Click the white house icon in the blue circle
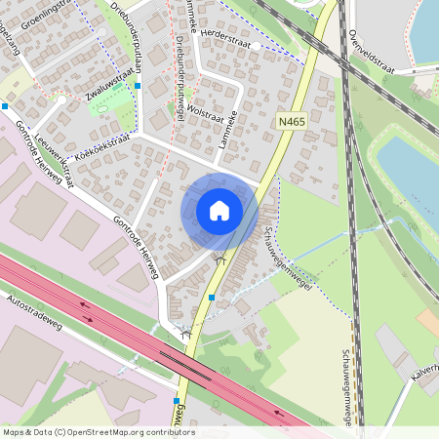click(219, 210)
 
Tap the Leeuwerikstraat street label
click(56, 161)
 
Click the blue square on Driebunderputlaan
click(138, 86)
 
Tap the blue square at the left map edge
click(5, 105)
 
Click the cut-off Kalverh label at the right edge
click(425, 378)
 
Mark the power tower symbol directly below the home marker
click(220, 260)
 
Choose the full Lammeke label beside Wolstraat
click(231, 128)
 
